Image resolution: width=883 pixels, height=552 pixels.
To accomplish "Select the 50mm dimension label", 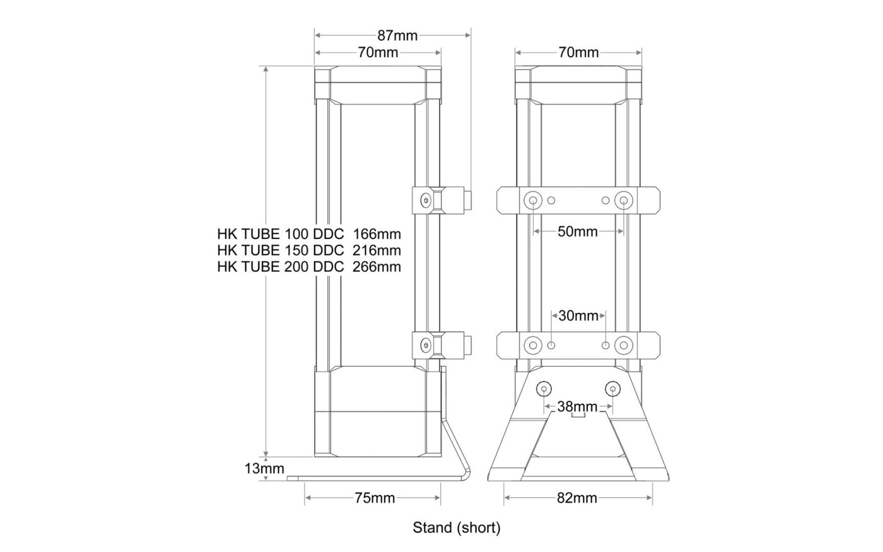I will click(x=578, y=232).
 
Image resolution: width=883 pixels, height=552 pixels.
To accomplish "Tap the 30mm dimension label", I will click(x=578, y=315).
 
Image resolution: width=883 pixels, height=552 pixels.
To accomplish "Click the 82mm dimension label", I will click(x=577, y=498).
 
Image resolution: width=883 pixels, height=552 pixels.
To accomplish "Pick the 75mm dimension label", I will click(x=375, y=498).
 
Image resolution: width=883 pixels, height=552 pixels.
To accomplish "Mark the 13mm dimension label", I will click(x=264, y=469).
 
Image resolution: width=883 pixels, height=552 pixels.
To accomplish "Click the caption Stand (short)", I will click(x=457, y=527).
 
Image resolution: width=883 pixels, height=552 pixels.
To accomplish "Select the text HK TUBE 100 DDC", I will click(x=281, y=235).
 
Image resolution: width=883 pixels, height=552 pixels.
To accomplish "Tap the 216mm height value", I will click(x=377, y=250).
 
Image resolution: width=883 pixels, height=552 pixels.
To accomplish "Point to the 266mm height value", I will click(x=377, y=266).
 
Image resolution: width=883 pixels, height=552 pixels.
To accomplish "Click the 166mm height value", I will click(x=377, y=235).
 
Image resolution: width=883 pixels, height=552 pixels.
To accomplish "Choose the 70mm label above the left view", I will click(x=378, y=52).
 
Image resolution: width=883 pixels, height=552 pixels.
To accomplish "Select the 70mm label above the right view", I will click(x=578, y=52).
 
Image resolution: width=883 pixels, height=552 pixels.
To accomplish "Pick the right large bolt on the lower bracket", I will click(x=624, y=345).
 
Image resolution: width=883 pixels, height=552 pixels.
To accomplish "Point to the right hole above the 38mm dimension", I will click(x=611, y=389).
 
